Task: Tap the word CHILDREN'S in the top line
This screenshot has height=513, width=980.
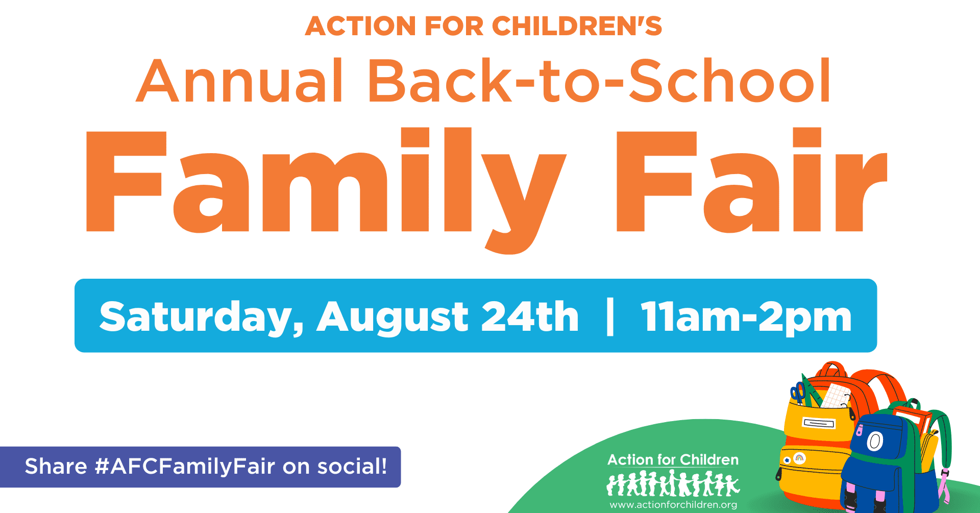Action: [577, 26]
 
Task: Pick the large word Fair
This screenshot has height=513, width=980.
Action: [752, 180]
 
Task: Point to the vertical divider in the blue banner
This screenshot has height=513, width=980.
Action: [609, 317]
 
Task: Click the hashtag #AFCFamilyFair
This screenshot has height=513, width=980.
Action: [185, 467]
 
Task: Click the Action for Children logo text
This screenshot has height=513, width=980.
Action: [673, 460]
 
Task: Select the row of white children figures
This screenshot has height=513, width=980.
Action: [673, 484]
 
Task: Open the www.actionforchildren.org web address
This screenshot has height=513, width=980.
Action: [673, 505]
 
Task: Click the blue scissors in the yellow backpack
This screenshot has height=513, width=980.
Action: [798, 394]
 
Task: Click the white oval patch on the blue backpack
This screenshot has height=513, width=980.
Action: [875, 442]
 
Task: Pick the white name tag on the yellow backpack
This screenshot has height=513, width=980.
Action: [819, 423]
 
